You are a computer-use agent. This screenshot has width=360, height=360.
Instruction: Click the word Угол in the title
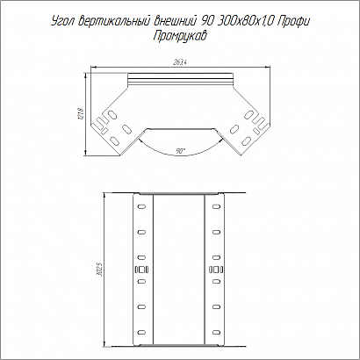63,22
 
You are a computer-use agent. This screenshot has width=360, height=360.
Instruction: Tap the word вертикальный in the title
114,21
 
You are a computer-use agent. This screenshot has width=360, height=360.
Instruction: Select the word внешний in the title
176,21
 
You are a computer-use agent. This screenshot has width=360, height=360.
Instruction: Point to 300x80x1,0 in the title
246,21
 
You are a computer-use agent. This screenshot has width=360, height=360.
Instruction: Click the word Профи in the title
293,21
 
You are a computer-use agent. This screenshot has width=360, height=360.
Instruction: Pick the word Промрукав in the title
180,36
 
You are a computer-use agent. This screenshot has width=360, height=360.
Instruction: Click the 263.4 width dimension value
181,62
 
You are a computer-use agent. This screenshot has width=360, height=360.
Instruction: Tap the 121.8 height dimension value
82,113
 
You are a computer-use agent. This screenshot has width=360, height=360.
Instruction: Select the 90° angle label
180,151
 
